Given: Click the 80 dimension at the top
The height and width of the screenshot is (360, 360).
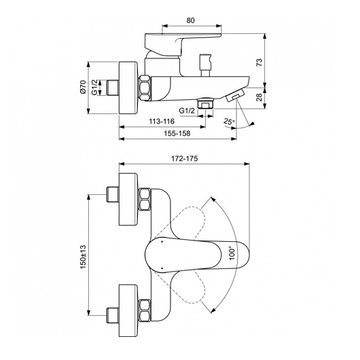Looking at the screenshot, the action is [x=190, y=20].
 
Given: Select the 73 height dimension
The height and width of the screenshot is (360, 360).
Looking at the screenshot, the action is [x=259, y=62].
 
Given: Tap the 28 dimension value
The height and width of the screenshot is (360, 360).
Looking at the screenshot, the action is [x=259, y=97].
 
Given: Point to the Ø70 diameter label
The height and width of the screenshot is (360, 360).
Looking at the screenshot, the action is [x=83, y=87].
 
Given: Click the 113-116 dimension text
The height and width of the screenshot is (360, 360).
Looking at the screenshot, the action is [x=162, y=121].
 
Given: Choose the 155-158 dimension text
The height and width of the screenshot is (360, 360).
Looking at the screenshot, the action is [x=177, y=133].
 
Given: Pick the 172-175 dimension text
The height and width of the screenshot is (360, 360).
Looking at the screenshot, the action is [x=184, y=158].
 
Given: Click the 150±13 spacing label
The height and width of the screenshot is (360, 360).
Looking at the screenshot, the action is [x=83, y=257].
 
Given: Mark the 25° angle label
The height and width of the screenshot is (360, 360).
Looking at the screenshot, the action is [x=230, y=122].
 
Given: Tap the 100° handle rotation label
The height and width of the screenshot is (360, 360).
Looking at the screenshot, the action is [x=232, y=253].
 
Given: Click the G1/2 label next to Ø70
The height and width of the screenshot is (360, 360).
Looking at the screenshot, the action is [x=95, y=87].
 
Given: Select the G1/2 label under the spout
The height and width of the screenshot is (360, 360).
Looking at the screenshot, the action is [x=187, y=111].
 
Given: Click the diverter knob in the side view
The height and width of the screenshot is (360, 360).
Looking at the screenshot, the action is [x=206, y=65].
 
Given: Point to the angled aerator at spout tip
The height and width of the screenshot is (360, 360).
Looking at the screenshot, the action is [x=235, y=95].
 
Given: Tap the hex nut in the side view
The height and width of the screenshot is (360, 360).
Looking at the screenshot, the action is [x=145, y=88].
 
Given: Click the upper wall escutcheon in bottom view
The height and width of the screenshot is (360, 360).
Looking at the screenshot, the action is [x=128, y=199].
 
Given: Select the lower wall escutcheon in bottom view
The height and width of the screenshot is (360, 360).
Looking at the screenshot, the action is [x=128, y=311].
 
